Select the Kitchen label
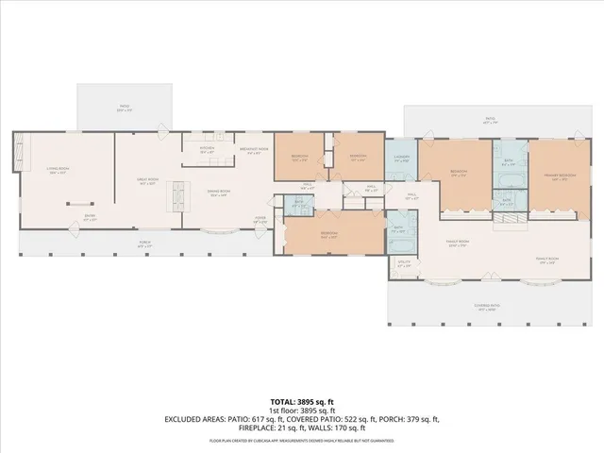click(x=208, y=149)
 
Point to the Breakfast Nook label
click(x=250, y=149)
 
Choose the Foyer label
click(x=259, y=219)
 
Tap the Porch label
click(x=145, y=243)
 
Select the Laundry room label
click(x=401, y=159)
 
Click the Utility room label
click(x=404, y=265)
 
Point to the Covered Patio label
click(x=483, y=307)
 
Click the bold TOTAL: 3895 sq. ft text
click(x=302, y=401)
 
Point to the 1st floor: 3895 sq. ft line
click(x=302, y=410)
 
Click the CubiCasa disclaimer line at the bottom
click(x=302, y=440)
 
